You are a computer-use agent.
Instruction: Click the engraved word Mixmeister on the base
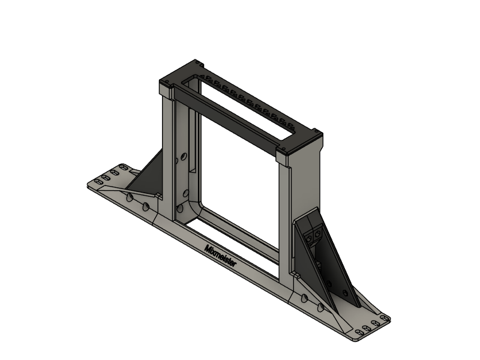point(220,256)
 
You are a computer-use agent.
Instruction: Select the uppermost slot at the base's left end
point(124,167)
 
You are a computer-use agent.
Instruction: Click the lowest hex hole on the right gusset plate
point(345,293)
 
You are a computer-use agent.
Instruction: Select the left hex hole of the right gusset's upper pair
point(309,236)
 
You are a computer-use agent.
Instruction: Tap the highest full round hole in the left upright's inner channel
point(184,157)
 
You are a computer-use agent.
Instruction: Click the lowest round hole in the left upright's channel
point(179,209)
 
